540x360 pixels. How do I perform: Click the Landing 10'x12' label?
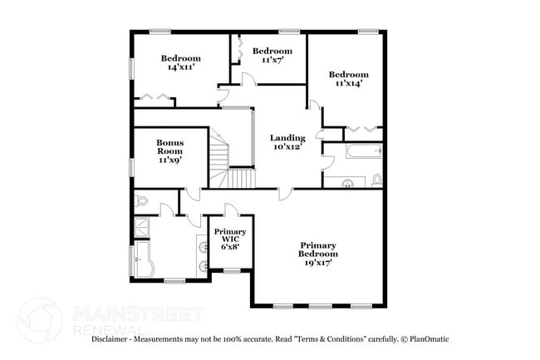[x=287, y=142]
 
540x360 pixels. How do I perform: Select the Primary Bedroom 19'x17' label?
[x=318, y=254]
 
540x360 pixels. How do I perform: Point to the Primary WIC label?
[x=229, y=239]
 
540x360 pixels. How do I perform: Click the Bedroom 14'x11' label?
[x=180, y=62]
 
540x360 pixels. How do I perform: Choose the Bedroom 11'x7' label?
[x=272, y=55]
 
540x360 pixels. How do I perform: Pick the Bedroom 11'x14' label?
[x=348, y=79]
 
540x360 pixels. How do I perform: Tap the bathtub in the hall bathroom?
[x=352, y=152]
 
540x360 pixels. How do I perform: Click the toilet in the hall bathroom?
[x=376, y=179]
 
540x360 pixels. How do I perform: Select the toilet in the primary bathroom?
[x=141, y=200]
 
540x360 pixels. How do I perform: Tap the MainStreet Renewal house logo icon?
[x=40, y=321]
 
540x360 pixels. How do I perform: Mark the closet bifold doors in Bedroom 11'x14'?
[x=362, y=129]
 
